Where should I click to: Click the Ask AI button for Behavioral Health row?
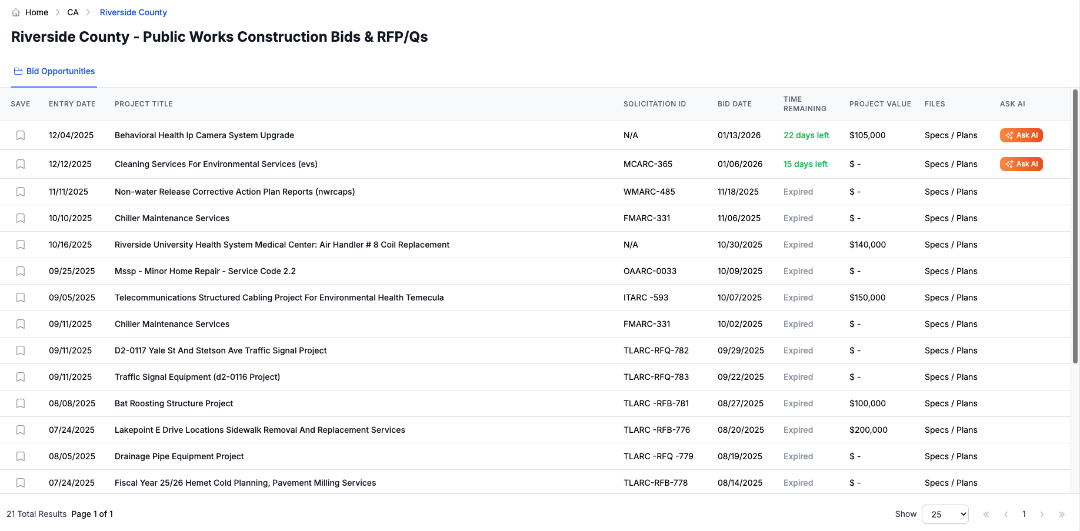tap(1021, 135)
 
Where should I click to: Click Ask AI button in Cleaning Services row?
tap(1021, 164)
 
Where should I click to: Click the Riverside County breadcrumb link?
tap(133, 12)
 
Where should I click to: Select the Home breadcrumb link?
tap(36, 12)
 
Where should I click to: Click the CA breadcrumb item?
tap(73, 12)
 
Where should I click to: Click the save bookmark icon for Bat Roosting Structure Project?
tap(21, 403)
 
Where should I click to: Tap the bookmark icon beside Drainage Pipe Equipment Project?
tap(21, 456)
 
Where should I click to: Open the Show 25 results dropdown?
tap(945, 514)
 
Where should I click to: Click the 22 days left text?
tap(806, 135)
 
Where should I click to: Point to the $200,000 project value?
tap(868, 430)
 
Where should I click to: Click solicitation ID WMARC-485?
tap(649, 192)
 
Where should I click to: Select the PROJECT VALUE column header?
tap(880, 104)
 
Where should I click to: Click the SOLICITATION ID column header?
tap(654, 104)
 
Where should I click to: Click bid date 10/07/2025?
tap(739, 298)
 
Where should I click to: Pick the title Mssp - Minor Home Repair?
tap(205, 271)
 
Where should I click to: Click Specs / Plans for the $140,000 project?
tap(951, 245)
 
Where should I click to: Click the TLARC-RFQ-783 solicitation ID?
tap(656, 377)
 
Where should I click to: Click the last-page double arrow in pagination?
tap(1062, 515)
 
